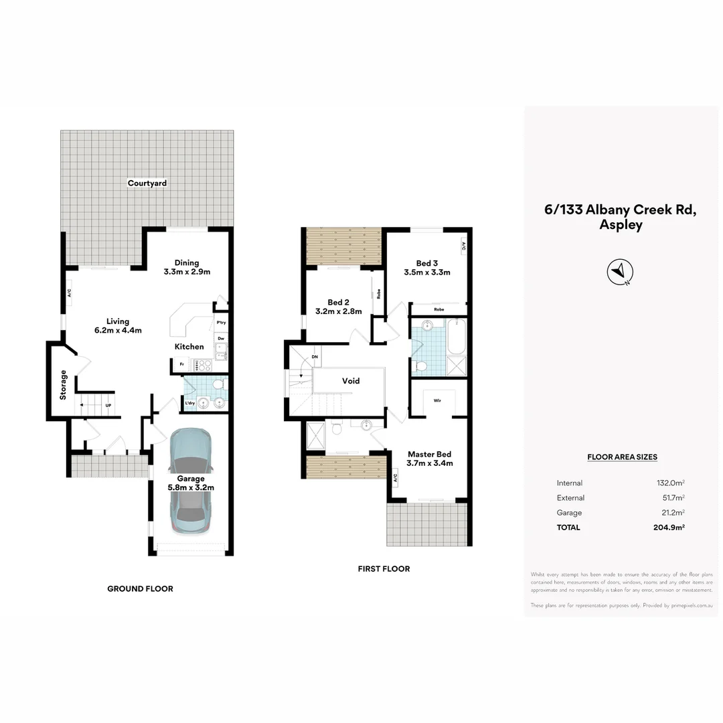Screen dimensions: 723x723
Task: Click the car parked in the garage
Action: click(x=190, y=482)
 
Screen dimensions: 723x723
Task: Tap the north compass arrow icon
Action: click(x=620, y=272)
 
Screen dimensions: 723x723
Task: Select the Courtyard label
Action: click(x=147, y=183)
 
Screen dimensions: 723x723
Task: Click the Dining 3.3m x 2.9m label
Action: click(x=187, y=267)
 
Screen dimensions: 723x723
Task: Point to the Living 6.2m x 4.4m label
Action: click(x=118, y=325)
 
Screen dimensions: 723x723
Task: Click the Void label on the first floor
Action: click(x=351, y=381)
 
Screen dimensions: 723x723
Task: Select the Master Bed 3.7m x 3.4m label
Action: click(x=430, y=459)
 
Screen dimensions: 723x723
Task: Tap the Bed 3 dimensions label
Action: click(x=427, y=268)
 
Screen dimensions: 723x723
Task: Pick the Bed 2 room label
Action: click(x=338, y=307)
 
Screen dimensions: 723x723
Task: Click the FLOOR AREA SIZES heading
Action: click(x=622, y=457)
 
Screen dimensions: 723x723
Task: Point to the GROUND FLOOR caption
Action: click(x=140, y=589)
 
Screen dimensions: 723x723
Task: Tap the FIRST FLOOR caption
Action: click(x=384, y=569)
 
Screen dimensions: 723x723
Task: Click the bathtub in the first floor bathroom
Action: click(x=457, y=337)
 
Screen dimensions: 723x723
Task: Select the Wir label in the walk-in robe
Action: click(x=437, y=400)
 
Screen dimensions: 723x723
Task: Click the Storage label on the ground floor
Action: click(x=64, y=385)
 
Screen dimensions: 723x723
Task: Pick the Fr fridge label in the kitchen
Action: click(x=181, y=365)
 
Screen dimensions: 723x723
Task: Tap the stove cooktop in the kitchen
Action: click(x=202, y=365)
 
